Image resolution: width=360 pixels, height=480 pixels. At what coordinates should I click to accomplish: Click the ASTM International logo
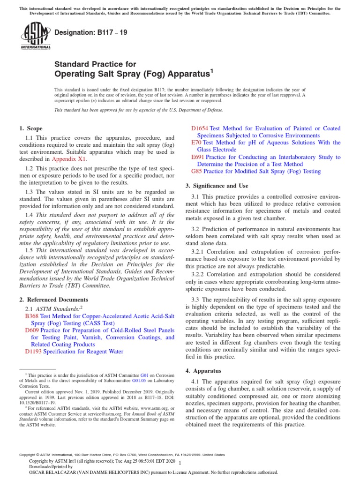pyautogui.click(x=36, y=37)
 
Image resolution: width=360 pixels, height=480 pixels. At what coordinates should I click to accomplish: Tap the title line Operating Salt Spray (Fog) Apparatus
pyautogui.click(x=134, y=74)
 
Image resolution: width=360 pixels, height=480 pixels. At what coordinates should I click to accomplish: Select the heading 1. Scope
pyautogui.click(x=30, y=128)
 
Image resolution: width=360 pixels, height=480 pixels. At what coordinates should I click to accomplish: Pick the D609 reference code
pyautogui.click(x=32, y=330)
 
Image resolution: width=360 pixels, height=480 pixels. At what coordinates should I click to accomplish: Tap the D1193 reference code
pyautogui.click(x=33, y=352)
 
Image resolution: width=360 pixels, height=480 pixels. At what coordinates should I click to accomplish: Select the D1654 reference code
pyautogui.click(x=200, y=128)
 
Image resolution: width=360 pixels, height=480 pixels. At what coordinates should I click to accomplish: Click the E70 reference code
pyautogui.click(x=196, y=142)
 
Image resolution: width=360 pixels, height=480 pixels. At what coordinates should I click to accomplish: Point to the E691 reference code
pyautogui.click(x=198, y=157)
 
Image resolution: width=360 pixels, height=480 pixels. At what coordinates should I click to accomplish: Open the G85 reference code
pyautogui.click(x=196, y=171)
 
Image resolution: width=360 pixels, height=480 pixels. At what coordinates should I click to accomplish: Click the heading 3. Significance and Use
pyautogui.click(x=217, y=186)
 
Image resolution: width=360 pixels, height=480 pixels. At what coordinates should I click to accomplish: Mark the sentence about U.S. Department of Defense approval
pyautogui.click(x=139, y=110)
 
